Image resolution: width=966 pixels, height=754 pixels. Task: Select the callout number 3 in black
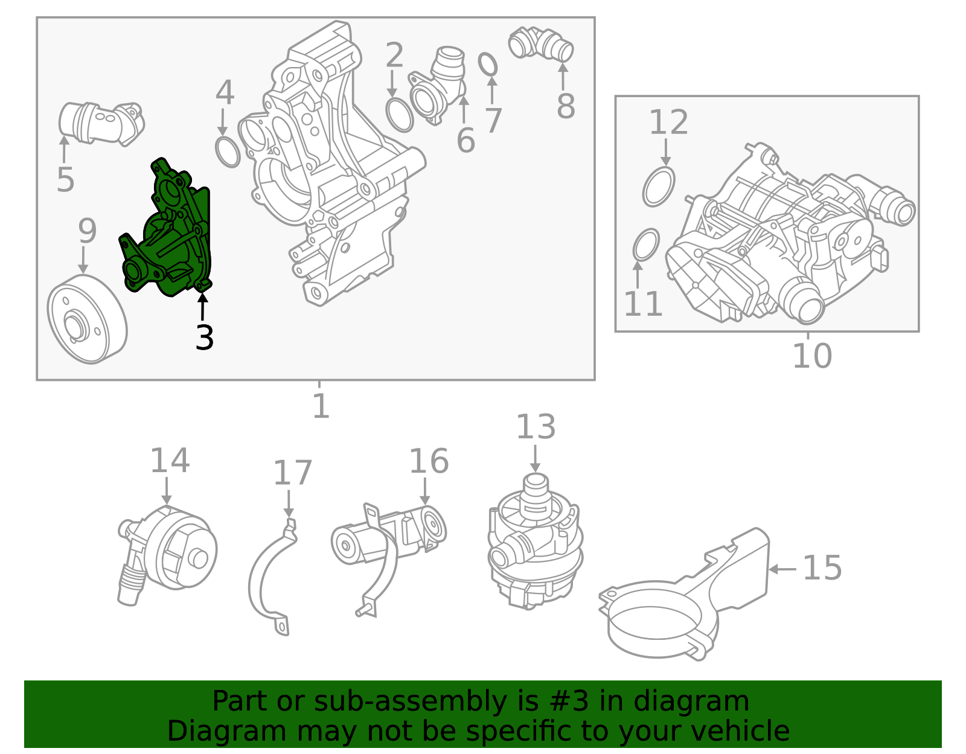point(205,337)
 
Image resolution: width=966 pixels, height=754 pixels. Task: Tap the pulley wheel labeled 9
point(87,319)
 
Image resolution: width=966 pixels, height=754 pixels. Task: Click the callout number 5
point(65,179)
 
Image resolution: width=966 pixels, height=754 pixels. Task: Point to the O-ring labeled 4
point(228,152)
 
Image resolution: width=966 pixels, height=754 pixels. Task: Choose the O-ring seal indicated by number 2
point(400,115)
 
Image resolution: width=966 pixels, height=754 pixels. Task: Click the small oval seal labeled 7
point(488,65)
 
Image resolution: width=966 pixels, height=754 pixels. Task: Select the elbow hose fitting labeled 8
point(541,44)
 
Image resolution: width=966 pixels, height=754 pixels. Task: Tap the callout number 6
point(465,141)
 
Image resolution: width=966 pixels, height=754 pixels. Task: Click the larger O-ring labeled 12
point(658,187)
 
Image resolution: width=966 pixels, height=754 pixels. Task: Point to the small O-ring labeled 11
point(646,244)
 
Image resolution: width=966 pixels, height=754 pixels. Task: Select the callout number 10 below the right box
point(812,356)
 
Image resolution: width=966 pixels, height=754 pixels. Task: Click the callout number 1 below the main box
point(321,405)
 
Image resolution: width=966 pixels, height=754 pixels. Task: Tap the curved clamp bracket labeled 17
point(272,578)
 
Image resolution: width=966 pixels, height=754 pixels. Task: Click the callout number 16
point(429,461)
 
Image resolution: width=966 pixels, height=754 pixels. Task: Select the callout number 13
point(536,427)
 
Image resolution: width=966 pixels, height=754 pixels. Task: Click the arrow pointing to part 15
point(782,569)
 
